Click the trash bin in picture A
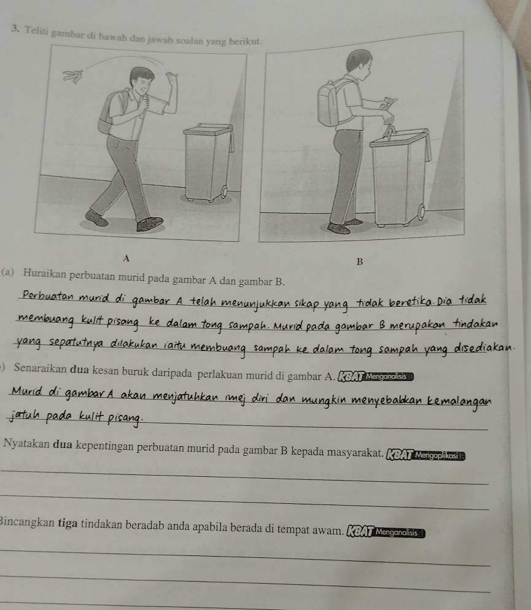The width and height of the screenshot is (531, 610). point(209,162)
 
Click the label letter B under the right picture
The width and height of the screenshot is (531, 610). point(359,262)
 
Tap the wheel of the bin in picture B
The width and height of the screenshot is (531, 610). point(421,212)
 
